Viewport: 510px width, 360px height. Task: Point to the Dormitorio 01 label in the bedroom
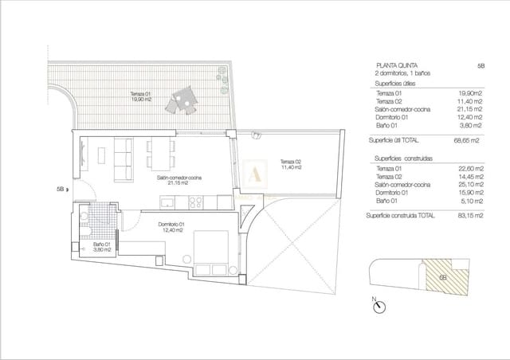(x=171, y=228)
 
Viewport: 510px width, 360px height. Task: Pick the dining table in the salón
(x=159, y=154)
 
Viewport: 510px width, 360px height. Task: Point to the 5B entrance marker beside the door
(x=61, y=190)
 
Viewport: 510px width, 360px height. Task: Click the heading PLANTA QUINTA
(x=394, y=65)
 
